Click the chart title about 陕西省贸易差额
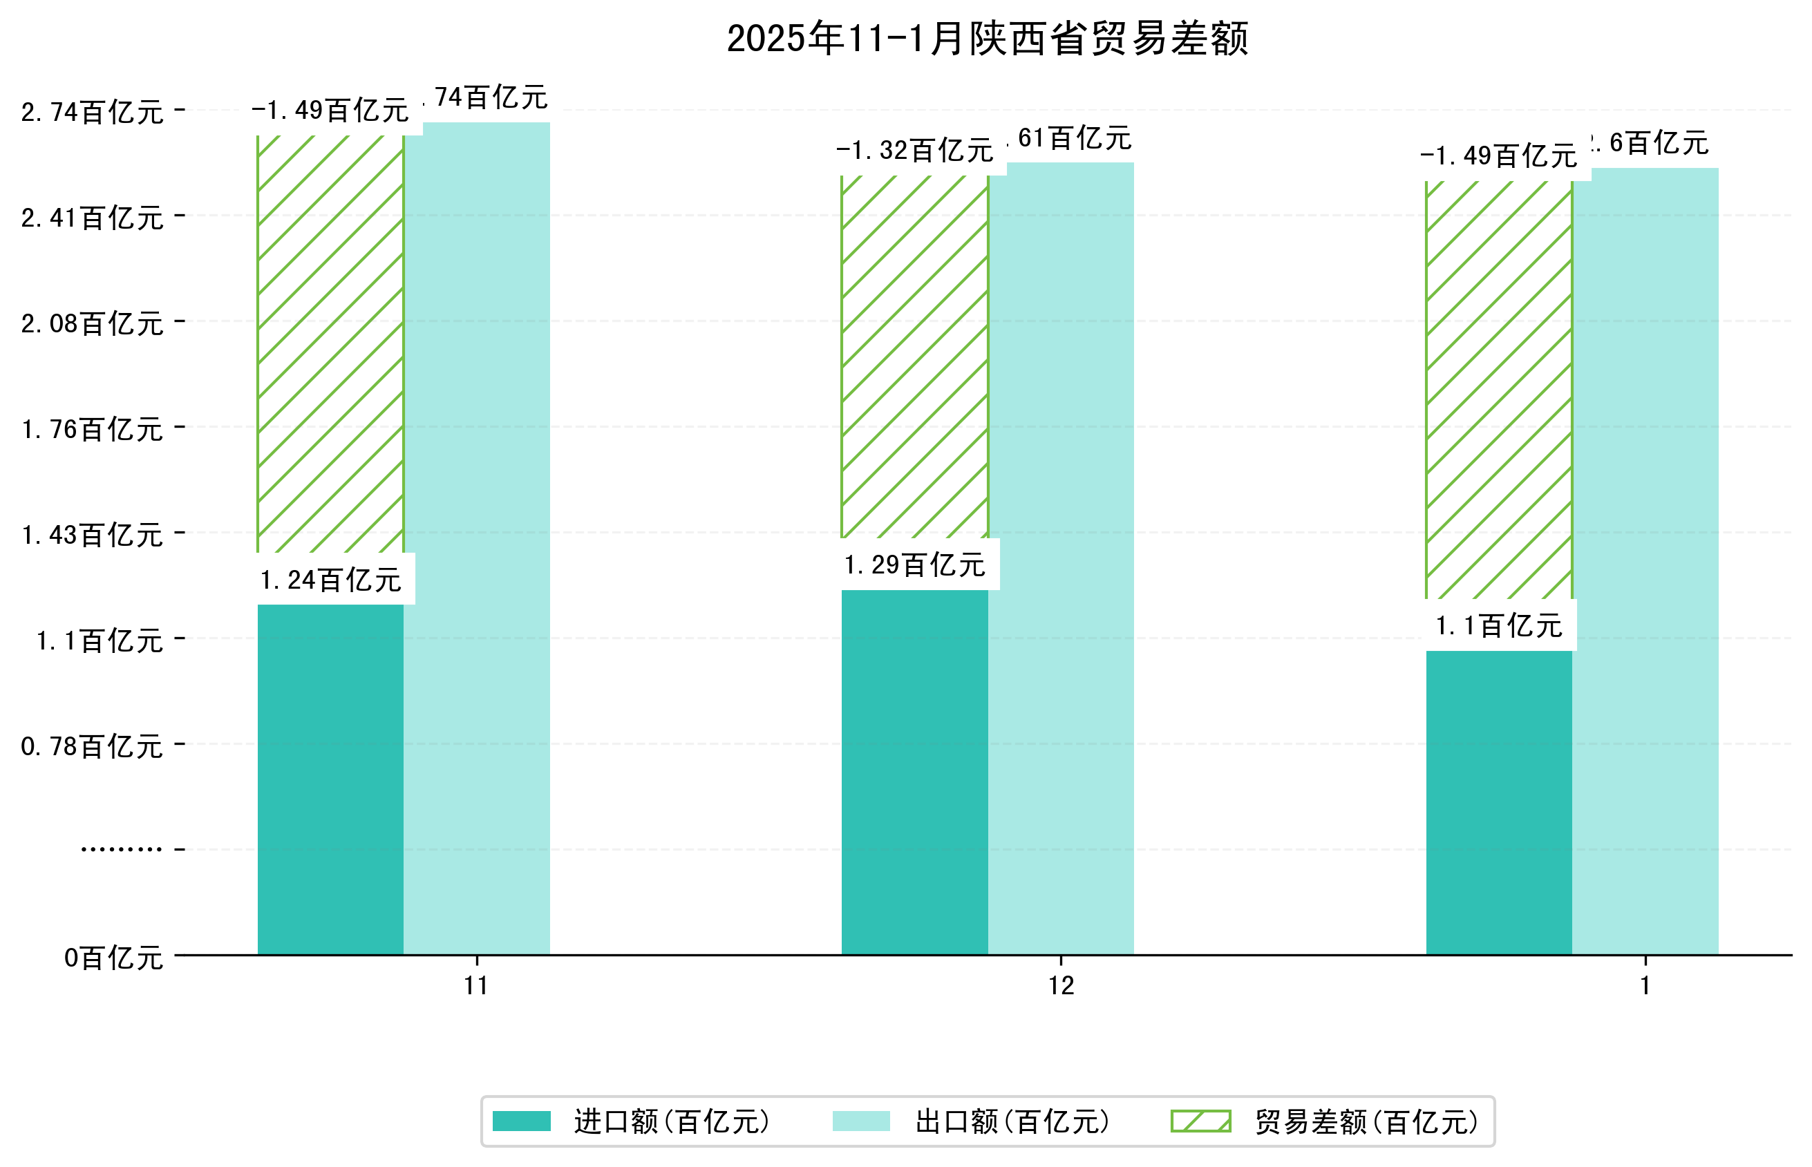click(987, 39)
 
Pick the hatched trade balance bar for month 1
click(1498, 390)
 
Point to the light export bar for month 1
click(1645, 561)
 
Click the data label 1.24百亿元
click(330, 580)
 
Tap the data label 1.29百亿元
click(915, 565)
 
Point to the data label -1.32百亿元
click(915, 151)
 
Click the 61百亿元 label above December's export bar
click(1075, 139)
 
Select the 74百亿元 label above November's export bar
click(491, 97)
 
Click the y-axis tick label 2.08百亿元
click(92, 323)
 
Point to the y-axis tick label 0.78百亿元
click(92, 746)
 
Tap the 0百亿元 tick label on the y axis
click(113, 958)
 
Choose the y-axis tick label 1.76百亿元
click(92, 430)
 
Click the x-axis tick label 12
click(1061, 986)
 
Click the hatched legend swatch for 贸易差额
click(1200, 1121)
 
